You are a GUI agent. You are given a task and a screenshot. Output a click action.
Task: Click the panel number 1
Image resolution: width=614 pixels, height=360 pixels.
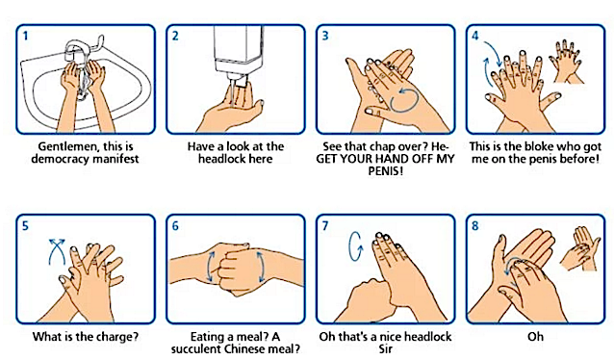tap(25, 36)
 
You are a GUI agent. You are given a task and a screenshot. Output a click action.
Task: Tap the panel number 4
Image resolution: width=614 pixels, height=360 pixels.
tap(475, 36)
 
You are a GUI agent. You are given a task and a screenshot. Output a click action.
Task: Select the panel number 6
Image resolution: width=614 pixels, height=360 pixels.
tap(175, 226)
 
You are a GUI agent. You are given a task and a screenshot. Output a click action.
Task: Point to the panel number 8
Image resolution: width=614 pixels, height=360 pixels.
tap(475, 226)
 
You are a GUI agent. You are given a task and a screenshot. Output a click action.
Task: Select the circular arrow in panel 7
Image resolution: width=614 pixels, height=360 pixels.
tap(355, 246)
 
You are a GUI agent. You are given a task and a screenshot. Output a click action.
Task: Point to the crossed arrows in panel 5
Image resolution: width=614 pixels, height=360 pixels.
tap(57, 251)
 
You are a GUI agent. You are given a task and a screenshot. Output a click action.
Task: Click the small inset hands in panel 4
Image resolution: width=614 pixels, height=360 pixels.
tap(566, 62)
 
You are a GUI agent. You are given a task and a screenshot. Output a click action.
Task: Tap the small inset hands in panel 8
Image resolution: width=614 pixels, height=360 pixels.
tap(580, 248)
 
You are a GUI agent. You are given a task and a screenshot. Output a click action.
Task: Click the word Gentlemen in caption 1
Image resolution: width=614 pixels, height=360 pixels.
tap(67, 147)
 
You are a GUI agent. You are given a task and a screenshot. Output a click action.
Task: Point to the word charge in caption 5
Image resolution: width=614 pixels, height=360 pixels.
tap(114, 337)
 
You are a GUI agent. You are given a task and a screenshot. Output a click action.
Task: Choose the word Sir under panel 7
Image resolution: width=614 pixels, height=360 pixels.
tap(385, 348)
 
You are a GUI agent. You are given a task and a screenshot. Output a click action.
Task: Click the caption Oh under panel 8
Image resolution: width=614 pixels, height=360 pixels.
tap(535, 337)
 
